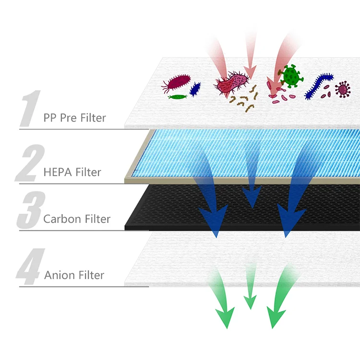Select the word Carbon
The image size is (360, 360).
pyautogui.click(x=61, y=219)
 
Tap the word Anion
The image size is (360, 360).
pyautogui.click(x=60, y=275)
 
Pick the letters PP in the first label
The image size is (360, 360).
pyautogui.click(x=50, y=117)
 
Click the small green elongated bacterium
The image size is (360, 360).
pyautogui.click(x=178, y=96)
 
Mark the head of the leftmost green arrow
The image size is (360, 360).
pyautogui.click(x=224, y=316)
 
